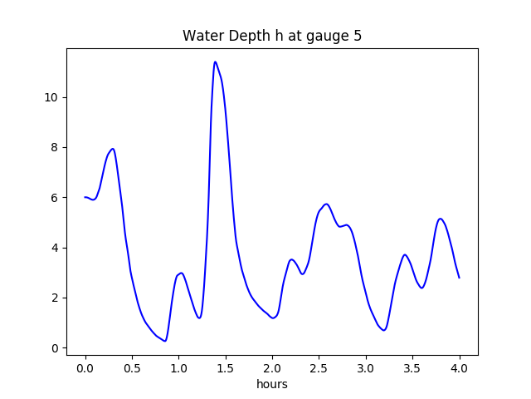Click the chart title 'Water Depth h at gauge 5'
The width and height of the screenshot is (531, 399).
tap(272, 37)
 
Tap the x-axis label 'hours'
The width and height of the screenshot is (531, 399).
tap(272, 384)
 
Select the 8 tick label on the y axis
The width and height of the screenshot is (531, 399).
tap(56, 147)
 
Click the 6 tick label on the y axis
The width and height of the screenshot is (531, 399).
tap(56, 198)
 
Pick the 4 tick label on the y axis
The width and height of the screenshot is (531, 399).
tap(56, 248)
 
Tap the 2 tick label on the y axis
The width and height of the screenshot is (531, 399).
tap(56, 298)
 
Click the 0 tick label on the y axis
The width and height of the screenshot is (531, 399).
tap(56, 348)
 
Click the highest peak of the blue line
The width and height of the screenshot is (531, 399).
tap(215, 62)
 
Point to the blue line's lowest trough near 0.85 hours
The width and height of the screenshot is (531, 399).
tap(165, 341)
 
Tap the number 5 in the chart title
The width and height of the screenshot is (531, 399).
tap(358, 37)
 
